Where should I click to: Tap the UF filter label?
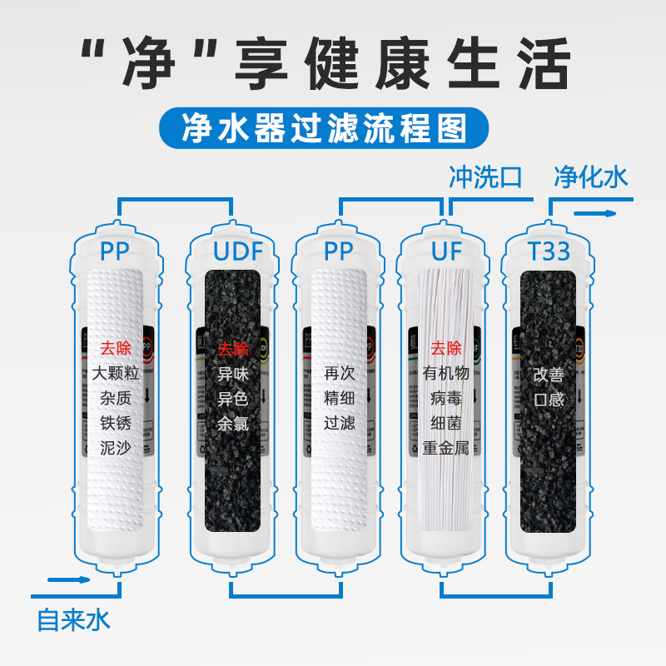coord(445,251)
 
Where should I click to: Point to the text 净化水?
coord(591,177)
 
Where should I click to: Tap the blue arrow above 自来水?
coord(67,579)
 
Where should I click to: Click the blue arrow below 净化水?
coord(597,214)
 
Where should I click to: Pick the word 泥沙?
coord(116,448)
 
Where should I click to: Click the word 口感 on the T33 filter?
coord(549,399)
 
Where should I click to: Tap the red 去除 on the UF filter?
coord(445,349)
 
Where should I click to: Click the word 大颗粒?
coord(116,374)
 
